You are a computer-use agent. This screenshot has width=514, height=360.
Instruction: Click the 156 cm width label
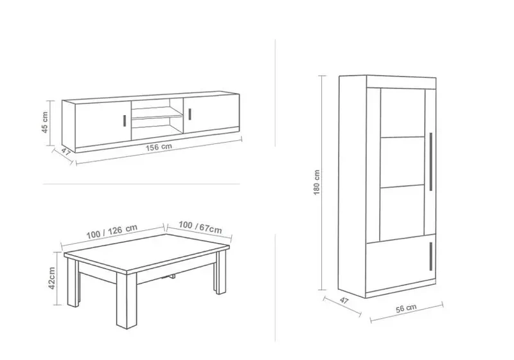click(x=159, y=147)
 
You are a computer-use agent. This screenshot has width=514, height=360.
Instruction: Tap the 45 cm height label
click(x=45, y=122)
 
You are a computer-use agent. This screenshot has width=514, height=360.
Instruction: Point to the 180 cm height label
click(x=317, y=183)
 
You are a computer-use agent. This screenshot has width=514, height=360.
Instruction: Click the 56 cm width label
click(x=406, y=308)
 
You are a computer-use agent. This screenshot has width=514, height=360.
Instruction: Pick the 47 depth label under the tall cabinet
click(x=344, y=300)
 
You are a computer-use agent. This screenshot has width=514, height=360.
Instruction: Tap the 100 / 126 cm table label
click(x=112, y=232)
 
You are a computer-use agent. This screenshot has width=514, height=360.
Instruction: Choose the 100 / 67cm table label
click(x=200, y=227)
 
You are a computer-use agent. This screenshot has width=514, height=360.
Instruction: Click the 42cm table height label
click(x=52, y=278)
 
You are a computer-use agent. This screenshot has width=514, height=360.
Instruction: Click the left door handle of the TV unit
click(x=125, y=120)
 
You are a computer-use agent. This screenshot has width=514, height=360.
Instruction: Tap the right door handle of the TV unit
click(x=190, y=114)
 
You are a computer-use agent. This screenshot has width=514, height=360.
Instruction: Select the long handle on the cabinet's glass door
click(x=430, y=161)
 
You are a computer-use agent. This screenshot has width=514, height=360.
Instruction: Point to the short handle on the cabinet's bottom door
click(x=430, y=256)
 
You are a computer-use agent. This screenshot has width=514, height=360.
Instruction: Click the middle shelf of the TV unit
click(x=157, y=117)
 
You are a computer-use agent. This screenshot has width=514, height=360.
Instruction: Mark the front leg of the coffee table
click(x=126, y=301)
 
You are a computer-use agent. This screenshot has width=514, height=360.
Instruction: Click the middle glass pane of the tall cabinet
click(x=403, y=161)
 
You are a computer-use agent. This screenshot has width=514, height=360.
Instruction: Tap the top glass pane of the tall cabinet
click(x=403, y=113)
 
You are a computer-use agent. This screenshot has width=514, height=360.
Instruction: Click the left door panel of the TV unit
click(x=103, y=123)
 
